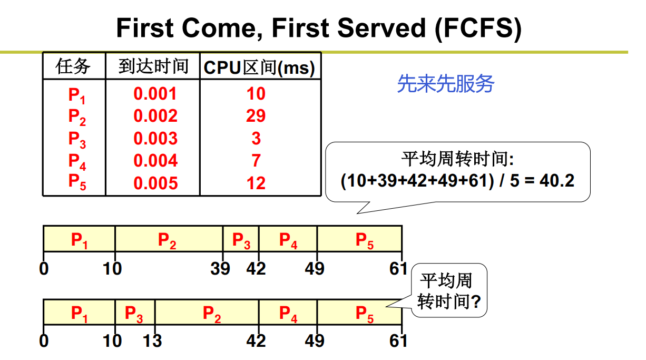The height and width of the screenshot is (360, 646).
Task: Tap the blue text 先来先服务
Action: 445,83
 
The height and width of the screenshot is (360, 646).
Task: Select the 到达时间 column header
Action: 153,66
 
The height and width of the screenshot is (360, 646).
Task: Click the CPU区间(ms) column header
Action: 260,67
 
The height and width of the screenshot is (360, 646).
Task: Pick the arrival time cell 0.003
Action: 155,139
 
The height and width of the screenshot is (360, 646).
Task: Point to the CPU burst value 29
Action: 256,116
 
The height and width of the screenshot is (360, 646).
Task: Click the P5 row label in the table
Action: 77,182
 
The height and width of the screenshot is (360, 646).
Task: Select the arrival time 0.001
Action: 155,94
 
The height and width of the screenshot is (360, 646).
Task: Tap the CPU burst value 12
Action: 256,183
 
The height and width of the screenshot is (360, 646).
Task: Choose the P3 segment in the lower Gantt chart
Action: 134,314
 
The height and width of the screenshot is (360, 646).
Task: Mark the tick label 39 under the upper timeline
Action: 220,269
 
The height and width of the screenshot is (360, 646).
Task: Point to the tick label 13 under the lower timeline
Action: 152,341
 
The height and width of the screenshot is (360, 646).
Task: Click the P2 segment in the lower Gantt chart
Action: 212,314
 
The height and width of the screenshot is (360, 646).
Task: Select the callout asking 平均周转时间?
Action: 449,291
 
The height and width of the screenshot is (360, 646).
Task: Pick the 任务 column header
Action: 73,66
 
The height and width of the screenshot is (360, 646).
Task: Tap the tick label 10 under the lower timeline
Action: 112,341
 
